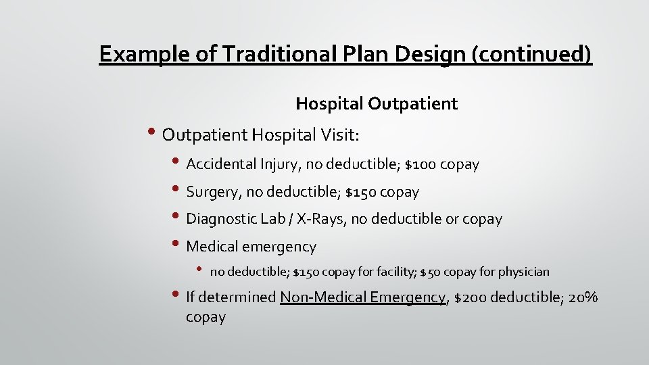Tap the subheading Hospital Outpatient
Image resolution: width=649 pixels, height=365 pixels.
pyautogui.click(x=377, y=103)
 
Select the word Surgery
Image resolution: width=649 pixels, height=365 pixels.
pyautogui.click(x=214, y=192)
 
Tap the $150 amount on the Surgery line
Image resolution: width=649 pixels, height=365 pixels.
pyautogui.click(x=360, y=192)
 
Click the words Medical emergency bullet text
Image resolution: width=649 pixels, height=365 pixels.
pyautogui.click(x=251, y=247)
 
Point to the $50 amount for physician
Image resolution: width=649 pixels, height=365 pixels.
pyautogui.click(x=431, y=272)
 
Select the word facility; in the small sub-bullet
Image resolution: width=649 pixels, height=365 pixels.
pyautogui.click(x=393, y=272)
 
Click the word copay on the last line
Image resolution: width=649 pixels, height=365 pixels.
pyautogui.click(x=206, y=317)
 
